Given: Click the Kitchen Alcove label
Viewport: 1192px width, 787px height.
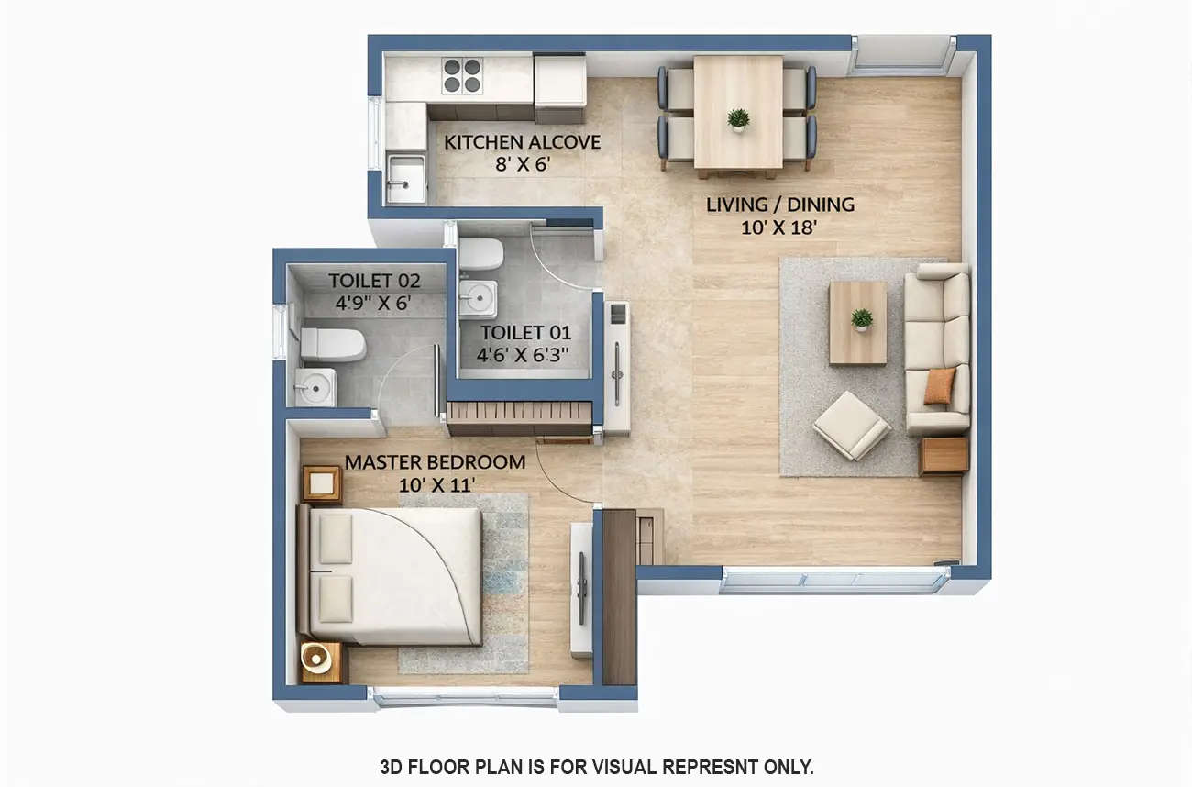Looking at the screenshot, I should coord(522,142).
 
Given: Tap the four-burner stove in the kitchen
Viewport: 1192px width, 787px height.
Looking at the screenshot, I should coord(462,75).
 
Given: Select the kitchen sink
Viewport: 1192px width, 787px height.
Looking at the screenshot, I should coord(405,178).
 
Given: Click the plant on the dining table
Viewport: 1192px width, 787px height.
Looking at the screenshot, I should coord(738,119).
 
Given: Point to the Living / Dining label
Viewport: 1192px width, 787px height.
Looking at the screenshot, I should coord(779,205).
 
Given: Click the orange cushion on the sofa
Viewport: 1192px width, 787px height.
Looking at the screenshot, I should coord(938,385).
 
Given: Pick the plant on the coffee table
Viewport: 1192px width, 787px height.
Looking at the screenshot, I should coord(861,319).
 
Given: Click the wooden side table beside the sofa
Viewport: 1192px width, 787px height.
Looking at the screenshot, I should coord(944,456).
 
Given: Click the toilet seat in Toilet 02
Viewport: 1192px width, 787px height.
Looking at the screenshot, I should coord(333,344).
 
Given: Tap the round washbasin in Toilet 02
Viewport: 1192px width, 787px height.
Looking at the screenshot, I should coord(315,388).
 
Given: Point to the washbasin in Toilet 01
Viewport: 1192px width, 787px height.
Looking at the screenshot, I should coord(478,296).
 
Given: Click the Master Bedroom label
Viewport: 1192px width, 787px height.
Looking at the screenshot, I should coord(435,462).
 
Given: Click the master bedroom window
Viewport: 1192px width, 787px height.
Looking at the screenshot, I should coord(466,698).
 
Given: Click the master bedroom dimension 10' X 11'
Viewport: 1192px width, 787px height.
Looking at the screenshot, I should coord(436,485).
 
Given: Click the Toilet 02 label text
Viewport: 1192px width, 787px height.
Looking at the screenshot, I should coord(374,281).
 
